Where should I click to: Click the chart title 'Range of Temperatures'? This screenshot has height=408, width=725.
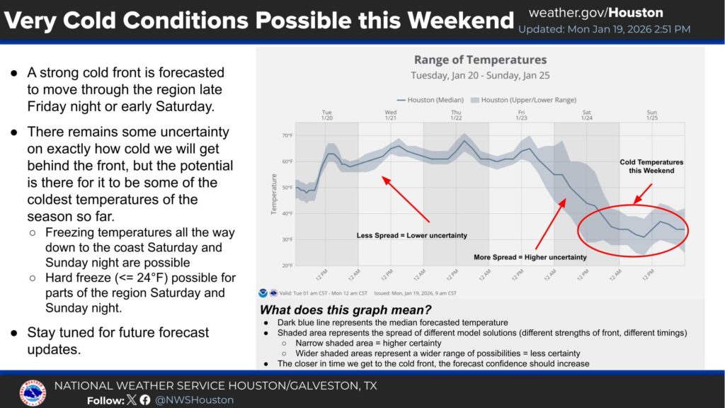click(x=480, y=60)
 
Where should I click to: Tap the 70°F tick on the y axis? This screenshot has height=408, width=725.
click(x=287, y=135)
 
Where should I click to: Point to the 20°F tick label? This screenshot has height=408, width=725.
click(x=287, y=266)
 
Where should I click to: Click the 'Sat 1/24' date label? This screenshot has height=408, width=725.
click(x=586, y=115)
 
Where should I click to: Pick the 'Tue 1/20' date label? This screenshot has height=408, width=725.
click(x=326, y=115)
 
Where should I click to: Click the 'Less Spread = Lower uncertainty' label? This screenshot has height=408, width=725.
click(x=411, y=235)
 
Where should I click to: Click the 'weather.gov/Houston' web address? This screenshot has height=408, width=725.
click(x=595, y=13)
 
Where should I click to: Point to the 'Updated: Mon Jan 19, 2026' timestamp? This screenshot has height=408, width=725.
click(x=604, y=30)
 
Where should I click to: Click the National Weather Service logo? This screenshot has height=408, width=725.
click(x=33, y=393)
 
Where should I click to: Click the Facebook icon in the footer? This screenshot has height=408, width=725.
click(x=145, y=400)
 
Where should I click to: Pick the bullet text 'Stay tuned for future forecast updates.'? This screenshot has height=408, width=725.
click(x=118, y=341)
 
